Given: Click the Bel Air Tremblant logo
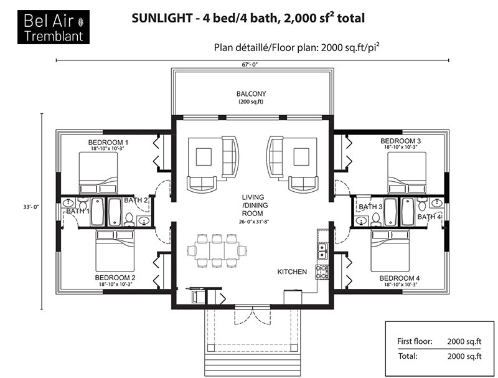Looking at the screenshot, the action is [54, 27].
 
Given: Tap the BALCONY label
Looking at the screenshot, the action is [251, 93].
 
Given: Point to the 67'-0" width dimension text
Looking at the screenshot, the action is [250, 65].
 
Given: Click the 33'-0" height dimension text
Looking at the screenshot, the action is [31, 207].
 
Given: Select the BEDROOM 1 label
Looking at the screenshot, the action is [108, 143].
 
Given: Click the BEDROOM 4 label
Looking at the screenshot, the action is [400, 278].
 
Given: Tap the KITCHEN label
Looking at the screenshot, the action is [292, 272].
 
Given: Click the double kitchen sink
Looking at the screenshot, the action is [322, 250].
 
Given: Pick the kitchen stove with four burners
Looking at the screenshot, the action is [322, 272].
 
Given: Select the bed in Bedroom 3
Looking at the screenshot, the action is [407, 172].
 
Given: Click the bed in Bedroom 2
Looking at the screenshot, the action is [115, 250].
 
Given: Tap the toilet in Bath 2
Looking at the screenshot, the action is [129, 219].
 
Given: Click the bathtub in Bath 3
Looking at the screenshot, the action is [390, 212].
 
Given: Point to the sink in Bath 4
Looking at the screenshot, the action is [437, 202].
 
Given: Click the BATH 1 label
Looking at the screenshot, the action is [78, 211].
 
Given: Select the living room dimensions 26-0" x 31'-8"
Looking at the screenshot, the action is [254, 222].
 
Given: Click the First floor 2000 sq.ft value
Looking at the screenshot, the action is [464, 342].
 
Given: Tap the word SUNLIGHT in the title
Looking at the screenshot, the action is [162, 18].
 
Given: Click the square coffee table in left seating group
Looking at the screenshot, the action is [204, 157].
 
